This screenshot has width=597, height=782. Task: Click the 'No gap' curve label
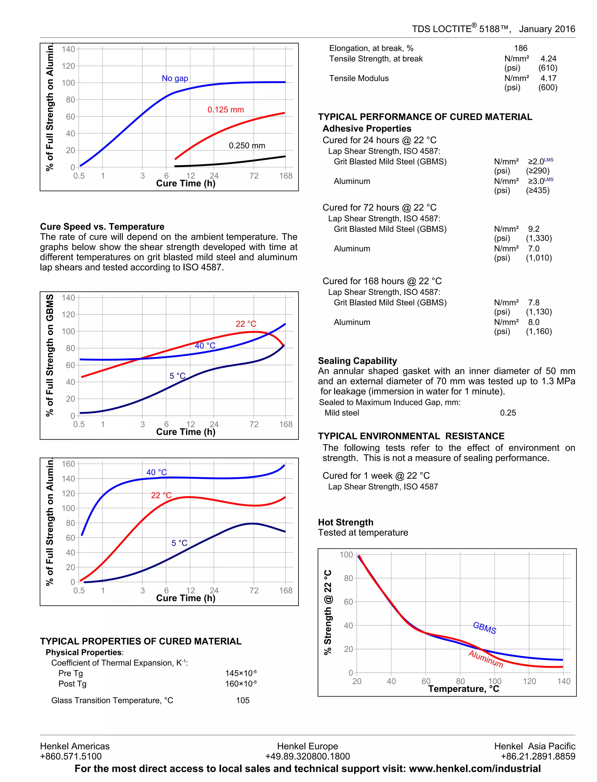click(x=175, y=78)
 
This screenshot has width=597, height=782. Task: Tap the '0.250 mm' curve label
click(x=247, y=145)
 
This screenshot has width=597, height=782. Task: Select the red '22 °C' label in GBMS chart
click(x=246, y=324)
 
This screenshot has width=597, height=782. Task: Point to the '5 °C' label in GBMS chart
click(x=177, y=376)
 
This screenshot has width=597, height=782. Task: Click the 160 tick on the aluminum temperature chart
click(x=68, y=464)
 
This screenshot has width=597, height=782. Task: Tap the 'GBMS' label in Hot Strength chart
click(x=484, y=628)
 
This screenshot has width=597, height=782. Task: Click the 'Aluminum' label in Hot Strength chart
click(x=485, y=659)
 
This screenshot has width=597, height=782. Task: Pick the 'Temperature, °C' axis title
click(x=463, y=689)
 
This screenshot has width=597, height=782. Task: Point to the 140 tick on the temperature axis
click(x=563, y=681)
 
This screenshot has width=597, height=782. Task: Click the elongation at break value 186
click(x=521, y=48)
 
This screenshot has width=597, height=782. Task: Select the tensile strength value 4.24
click(x=548, y=59)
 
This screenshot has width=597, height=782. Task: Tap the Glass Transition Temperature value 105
click(x=243, y=700)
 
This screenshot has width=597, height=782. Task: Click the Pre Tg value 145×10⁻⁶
click(x=240, y=673)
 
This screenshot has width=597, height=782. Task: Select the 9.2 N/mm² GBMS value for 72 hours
click(x=534, y=229)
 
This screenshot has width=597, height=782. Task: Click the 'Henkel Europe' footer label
click(x=307, y=746)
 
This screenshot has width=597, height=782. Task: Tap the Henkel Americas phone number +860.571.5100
click(x=71, y=756)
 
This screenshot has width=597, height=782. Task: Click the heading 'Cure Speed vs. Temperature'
click(x=102, y=227)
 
